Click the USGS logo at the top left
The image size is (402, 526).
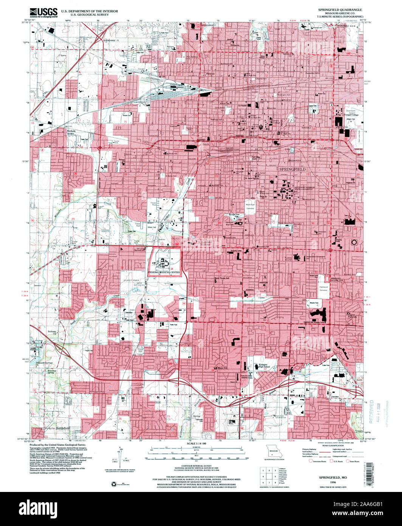point(44,12)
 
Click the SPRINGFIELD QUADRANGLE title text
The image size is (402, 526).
point(335,9)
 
